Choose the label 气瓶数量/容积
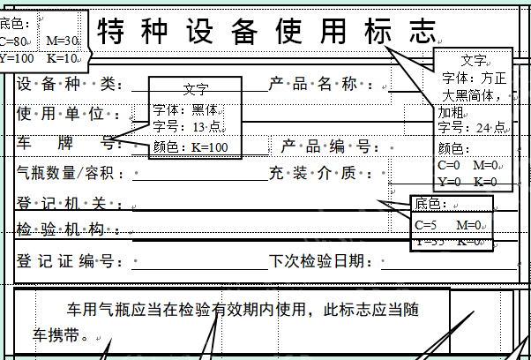71,174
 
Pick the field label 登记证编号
67,261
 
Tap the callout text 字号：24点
471,129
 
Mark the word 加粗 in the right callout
450,113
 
